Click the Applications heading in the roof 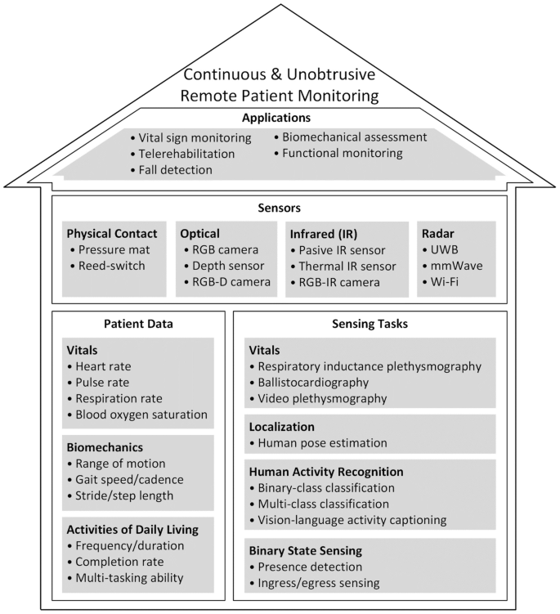pos(276,118)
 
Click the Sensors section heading pos(280,208)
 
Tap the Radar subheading pos(438,234)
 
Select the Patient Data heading pos(138,324)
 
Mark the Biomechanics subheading pos(105,447)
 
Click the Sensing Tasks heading pos(370,324)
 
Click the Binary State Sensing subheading pos(306,550)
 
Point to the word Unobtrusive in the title pos(330,74)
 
